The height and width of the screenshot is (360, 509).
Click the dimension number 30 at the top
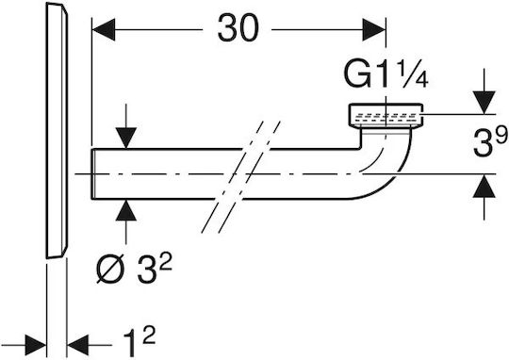[x=238, y=28]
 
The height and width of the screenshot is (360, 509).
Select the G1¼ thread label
[x=386, y=75]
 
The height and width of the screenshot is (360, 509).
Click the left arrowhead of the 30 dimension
[x=104, y=29]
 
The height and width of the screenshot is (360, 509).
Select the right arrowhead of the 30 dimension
[x=374, y=29]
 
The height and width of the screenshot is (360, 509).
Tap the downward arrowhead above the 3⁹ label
[x=484, y=103]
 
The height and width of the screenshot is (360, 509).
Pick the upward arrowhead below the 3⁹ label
[x=484, y=186]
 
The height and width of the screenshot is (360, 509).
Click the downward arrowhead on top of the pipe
[x=126, y=138]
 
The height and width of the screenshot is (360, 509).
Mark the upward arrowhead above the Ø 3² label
[x=126, y=210]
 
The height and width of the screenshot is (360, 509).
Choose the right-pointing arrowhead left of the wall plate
[x=36, y=346]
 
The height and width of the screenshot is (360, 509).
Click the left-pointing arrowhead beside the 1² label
[x=77, y=346]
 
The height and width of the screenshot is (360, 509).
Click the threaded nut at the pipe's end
[x=386, y=116]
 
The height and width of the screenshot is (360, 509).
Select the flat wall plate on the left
[x=57, y=130]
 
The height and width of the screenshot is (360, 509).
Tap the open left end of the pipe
[x=92, y=173]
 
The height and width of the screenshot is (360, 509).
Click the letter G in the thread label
[x=356, y=75]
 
